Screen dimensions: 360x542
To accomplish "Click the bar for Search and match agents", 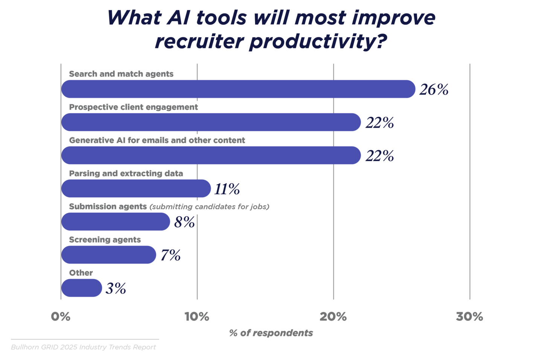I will (x=238, y=89).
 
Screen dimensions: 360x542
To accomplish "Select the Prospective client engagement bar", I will (x=211, y=122).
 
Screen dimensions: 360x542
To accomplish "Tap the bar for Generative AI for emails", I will (x=211, y=156).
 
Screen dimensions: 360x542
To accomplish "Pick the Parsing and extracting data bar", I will (x=136, y=189).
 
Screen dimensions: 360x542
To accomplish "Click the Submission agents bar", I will (x=116, y=222).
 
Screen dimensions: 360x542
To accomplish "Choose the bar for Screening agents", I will (x=108, y=255).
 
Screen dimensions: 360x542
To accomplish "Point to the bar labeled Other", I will (x=81, y=288).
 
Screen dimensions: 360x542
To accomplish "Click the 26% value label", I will (x=434, y=90).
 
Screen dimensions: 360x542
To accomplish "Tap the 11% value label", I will (x=227, y=189).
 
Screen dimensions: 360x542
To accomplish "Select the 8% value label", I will (x=184, y=222).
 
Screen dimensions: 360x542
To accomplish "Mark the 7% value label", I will (x=171, y=255).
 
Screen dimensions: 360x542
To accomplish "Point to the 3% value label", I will (x=116, y=288).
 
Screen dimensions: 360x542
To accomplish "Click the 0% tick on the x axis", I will (x=61, y=317).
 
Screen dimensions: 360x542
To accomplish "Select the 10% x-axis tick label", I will (x=197, y=317).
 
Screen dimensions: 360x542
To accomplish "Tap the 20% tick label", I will (x=333, y=317).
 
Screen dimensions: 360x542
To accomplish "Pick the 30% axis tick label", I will (x=469, y=317).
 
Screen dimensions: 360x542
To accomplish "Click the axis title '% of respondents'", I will (x=271, y=333).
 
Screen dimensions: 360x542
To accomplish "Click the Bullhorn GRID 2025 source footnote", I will (x=83, y=347).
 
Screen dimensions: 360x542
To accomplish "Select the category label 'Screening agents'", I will (x=105, y=240).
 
